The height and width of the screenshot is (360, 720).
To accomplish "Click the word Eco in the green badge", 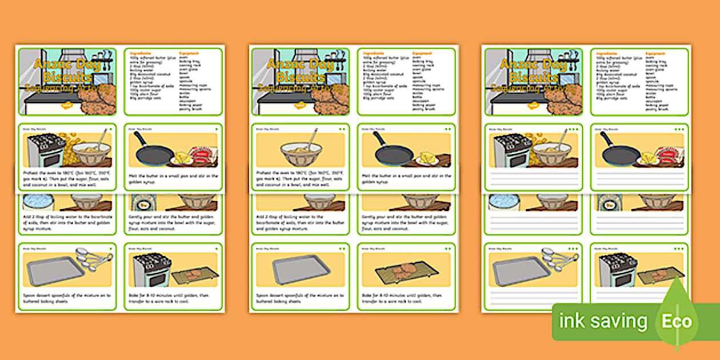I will click(x=677, y=322).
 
